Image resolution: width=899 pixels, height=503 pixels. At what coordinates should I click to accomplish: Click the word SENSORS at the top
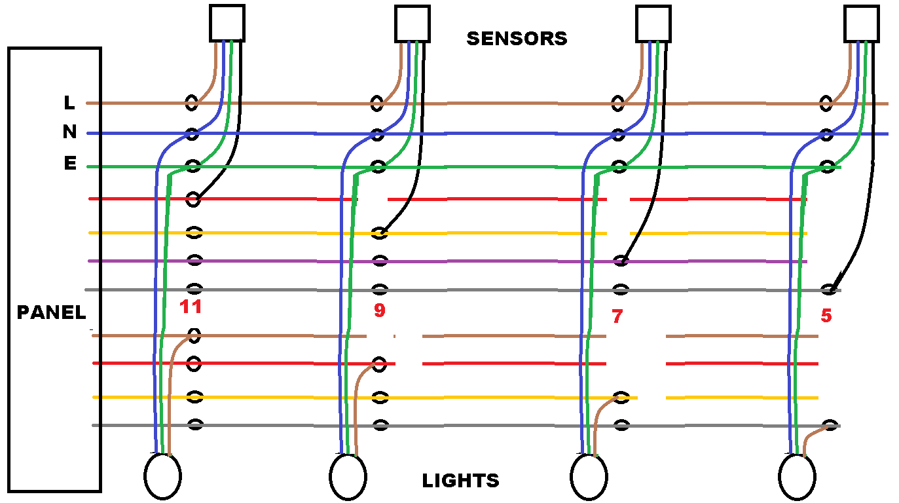click(517, 39)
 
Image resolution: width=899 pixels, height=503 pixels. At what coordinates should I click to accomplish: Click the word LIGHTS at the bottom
click(460, 481)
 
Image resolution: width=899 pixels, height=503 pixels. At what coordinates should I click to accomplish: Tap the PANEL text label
click(51, 312)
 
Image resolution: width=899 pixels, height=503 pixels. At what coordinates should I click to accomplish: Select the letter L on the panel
click(69, 103)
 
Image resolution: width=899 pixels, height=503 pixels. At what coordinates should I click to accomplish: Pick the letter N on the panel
click(69, 133)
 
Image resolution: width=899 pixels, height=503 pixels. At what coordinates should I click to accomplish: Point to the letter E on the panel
click(69, 164)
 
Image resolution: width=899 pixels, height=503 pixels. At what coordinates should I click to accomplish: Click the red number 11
click(191, 307)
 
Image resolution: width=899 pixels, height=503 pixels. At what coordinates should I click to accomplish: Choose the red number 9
click(380, 310)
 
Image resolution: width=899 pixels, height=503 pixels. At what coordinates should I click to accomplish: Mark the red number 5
click(826, 316)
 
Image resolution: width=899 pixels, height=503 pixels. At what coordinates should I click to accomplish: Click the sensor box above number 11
click(227, 23)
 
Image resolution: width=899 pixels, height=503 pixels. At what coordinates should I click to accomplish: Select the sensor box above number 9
click(413, 23)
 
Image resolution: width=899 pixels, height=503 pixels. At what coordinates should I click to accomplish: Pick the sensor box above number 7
click(654, 23)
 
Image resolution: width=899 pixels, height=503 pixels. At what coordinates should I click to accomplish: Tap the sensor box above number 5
click(862, 23)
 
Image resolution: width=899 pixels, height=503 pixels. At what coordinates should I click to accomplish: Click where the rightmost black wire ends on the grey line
click(830, 289)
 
